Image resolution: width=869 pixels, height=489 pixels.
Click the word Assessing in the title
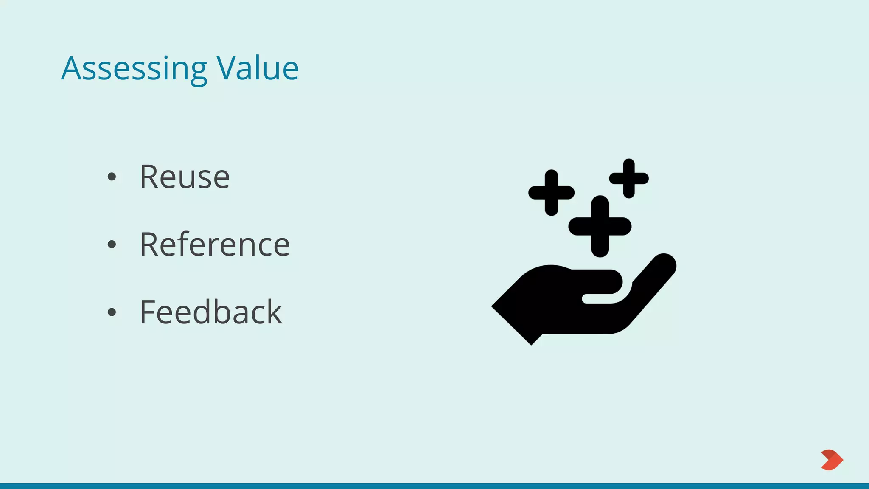(134, 69)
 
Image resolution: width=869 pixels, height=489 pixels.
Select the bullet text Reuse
(185, 177)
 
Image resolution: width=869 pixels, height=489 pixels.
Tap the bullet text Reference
(215, 244)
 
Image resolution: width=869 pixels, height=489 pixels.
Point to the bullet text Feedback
(210, 312)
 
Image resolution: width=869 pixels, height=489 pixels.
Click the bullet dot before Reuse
(112, 177)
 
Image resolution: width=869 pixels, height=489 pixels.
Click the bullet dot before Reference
(112, 244)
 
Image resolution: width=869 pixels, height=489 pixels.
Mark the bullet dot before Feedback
(112, 312)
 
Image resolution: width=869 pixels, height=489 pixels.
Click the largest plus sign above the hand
(600, 226)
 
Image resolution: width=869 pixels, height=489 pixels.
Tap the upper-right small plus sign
(629, 178)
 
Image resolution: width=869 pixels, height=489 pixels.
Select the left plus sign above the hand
(551, 193)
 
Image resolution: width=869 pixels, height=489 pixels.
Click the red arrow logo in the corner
(832, 460)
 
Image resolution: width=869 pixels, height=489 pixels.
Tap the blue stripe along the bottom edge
(434, 486)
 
